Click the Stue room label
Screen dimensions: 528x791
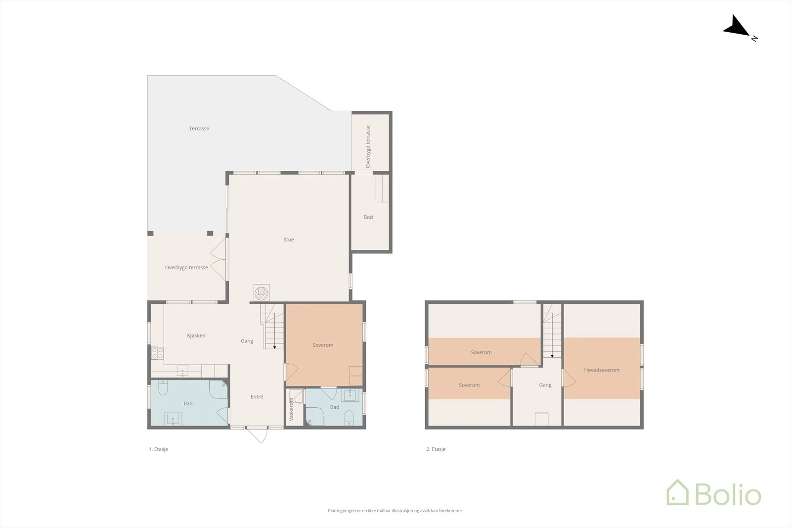pos(289,240)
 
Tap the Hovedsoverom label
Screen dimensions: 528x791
pos(601,370)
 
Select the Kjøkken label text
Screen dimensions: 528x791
pos(196,336)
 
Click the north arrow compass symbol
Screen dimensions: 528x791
pos(738,27)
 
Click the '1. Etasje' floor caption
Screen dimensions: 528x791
pos(158,449)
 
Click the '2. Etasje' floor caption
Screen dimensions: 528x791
pos(436,449)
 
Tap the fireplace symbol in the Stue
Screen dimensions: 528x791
pos(262,293)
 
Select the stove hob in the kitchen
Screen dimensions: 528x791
pos(157,353)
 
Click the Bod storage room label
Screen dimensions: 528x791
pos(368,217)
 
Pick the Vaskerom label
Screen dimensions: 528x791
pos(291,410)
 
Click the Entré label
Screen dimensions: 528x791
pos(257,397)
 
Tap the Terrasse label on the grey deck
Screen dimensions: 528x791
pos(199,129)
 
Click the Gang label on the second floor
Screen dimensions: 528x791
pos(545,385)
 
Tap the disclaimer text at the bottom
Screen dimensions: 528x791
pos(395,511)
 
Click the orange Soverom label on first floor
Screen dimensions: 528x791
pos(323,345)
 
